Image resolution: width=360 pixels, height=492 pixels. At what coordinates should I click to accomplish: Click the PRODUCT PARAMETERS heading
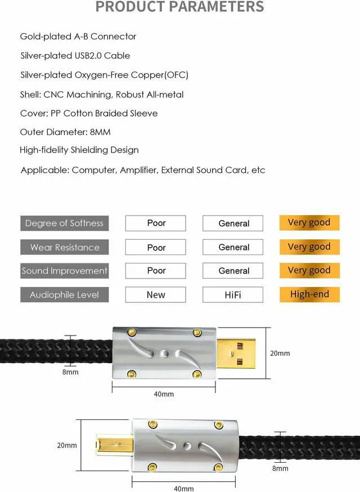[179, 7]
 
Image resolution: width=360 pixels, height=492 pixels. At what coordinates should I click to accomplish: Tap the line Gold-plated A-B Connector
[78, 37]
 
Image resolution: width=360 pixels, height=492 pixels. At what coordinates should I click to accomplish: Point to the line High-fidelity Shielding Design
[79, 150]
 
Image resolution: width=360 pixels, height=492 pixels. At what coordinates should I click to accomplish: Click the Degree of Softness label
[64, 223]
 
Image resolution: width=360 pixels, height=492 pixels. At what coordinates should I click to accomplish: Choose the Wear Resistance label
[64, 247]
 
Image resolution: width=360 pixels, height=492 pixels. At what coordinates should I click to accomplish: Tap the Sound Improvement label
[64, 271]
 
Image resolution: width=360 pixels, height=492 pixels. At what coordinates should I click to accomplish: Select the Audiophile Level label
[64, 294]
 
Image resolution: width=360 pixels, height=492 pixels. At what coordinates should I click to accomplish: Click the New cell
[156, 294]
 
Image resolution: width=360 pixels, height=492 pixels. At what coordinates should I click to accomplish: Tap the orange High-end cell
[309, 294]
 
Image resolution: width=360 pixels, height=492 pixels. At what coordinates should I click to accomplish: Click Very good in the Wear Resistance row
[309, 247]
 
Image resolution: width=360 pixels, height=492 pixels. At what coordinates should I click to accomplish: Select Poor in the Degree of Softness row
[156, 223]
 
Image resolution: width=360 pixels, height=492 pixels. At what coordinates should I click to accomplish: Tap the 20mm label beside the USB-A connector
[280, 354]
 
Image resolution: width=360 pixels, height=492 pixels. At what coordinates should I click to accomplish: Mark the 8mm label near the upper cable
[70, 372]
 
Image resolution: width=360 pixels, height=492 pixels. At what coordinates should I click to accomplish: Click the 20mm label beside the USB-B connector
[66, 445]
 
